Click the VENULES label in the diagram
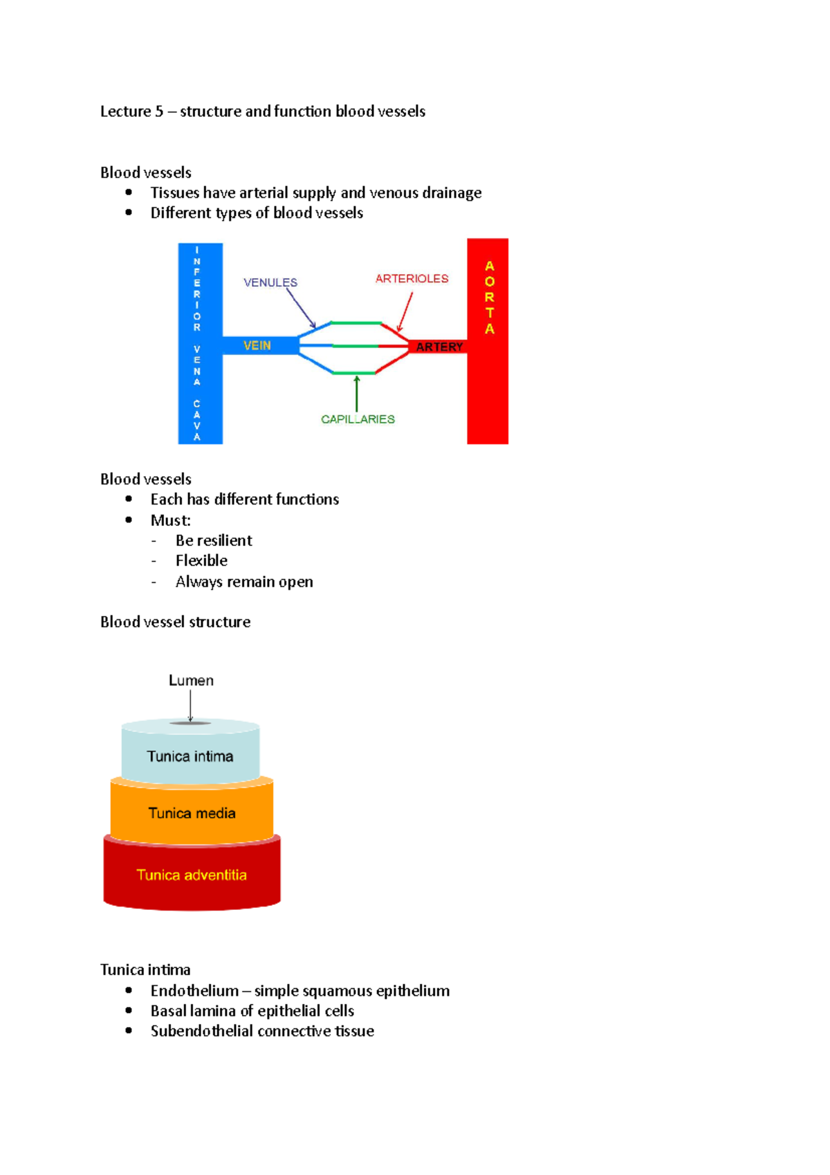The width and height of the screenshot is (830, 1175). (270, 282)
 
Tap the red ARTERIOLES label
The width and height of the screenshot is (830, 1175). (412, 278)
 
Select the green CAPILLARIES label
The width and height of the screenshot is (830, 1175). (358, 419)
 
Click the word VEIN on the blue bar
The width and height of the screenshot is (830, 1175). (257, 345)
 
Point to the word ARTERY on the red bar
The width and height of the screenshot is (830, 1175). (439, 347)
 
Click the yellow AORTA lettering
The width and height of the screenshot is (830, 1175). (490, 298)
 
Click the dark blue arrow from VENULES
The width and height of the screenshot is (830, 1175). (300, 308)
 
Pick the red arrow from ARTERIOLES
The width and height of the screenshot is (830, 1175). (405, 311)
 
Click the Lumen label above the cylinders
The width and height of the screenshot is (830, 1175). (191, 680)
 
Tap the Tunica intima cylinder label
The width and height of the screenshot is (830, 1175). (190, 756)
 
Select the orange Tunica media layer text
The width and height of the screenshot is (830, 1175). (192, 813)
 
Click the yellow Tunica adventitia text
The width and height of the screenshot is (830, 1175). (192, 875)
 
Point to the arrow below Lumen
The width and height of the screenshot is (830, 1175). (191, 707)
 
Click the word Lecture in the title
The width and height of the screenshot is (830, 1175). (125, 111)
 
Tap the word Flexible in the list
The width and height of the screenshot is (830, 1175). (201, 561)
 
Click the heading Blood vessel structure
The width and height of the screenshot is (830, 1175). (175, 622)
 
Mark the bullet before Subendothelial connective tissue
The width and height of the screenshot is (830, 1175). (129, 1030)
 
